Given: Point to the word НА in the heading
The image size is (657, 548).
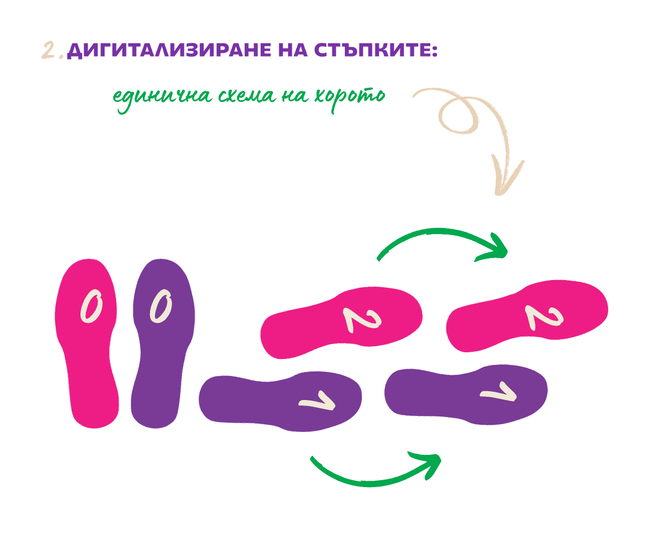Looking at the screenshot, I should click(x=293, y=50).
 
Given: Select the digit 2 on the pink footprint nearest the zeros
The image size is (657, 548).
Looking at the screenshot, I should click(x=361, y=318).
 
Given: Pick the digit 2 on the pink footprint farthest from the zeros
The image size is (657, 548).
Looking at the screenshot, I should click(x=543, y=317).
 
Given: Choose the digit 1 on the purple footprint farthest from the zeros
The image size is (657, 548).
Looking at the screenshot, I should click(x=498, y=393).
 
